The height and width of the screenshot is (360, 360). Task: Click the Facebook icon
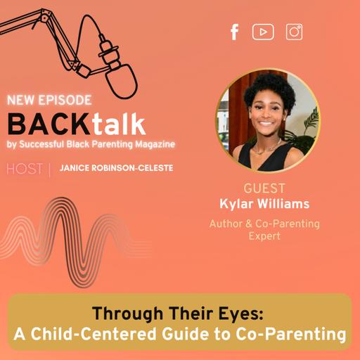pos(235,32)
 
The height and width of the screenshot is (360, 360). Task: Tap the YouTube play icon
pos(263,32)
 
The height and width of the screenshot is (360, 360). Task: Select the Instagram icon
pos(294,32)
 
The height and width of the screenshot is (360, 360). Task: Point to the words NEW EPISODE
pos(49,101)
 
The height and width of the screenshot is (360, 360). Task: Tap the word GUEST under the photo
pos(264,189)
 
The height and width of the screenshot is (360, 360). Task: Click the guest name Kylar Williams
pos(264,204)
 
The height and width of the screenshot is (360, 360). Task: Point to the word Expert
pos(264,237)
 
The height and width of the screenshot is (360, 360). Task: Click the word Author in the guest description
pos(226,224)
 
